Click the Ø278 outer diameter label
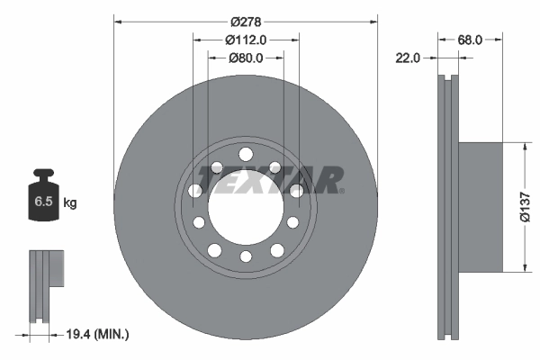pos(246,20)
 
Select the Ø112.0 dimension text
pos(246,40)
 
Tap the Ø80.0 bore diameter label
pos(246,58)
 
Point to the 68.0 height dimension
pos(471,40)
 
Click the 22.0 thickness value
pos(409,58)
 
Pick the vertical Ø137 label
pos(530,207)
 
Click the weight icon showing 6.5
pos(43,201)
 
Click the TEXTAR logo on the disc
pos(271,180)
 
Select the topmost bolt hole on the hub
pos(246,153)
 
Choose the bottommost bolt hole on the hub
pos(246,258)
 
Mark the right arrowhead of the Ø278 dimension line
pos(372,20)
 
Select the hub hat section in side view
pos(481,206)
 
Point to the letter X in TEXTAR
pos(265,180)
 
